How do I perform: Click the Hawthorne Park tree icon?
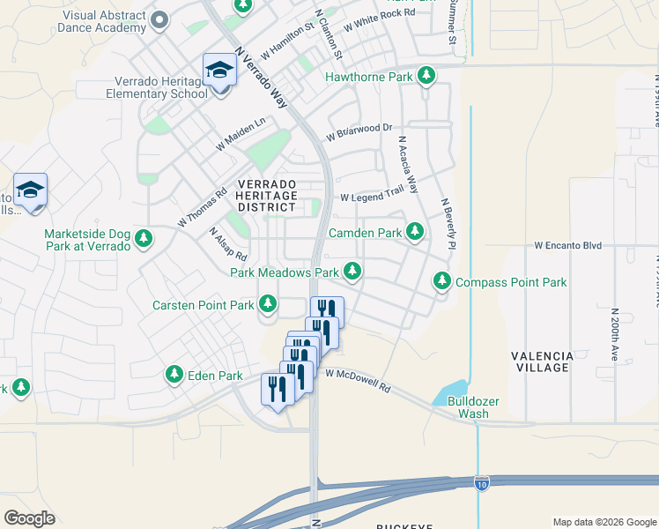[426, 77]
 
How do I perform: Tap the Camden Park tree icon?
[415, 233]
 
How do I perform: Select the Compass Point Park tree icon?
[441, 282]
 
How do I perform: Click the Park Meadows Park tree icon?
[352, 272]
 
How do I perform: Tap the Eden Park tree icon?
[174, 376]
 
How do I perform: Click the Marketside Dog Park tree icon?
[144, 238]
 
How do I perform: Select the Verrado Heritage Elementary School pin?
[218, 71]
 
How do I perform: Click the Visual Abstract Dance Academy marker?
[159, 19]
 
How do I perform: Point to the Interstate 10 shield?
[480, 483]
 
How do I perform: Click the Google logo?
[30, 518]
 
